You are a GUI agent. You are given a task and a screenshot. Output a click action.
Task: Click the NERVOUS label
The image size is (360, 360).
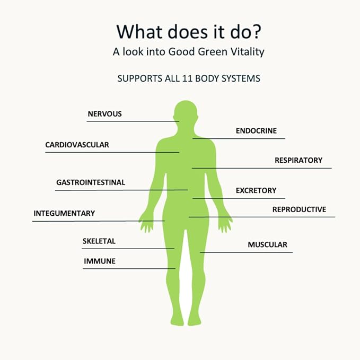click(x=104, y=114)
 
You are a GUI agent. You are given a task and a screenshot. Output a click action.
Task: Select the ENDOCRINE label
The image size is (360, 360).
click(x=256, y=131)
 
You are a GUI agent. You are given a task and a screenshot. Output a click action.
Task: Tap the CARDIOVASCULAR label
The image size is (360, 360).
click(x=77, y=145)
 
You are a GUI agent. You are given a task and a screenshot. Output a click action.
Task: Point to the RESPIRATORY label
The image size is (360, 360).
click(x=298, y=160)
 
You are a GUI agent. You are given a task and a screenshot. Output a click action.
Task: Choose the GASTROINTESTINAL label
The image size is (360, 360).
click(x=91, y=182)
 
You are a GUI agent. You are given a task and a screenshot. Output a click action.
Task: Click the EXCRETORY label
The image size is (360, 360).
click(x=256, y=190)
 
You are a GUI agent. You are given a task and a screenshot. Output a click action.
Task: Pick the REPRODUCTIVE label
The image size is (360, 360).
click(x=299, y=209)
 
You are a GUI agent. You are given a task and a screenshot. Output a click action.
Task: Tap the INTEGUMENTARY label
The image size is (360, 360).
click(x=64, y=214)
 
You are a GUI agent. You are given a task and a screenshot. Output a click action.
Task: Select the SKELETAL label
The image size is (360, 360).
click(x=99, y=241)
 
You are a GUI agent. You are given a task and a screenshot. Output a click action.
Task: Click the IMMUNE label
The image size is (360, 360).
click(x=100, y=261)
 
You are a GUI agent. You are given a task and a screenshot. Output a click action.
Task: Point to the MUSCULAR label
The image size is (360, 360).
click(x=267, y=245)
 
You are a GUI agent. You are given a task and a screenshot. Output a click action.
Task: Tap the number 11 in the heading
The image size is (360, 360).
click(x=187, y=78)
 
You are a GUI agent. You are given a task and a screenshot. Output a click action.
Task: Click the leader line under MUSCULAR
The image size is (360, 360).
click(x=246, y=252)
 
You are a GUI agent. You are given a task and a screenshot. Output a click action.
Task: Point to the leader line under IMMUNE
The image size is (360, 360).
click(x=129, y=269)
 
